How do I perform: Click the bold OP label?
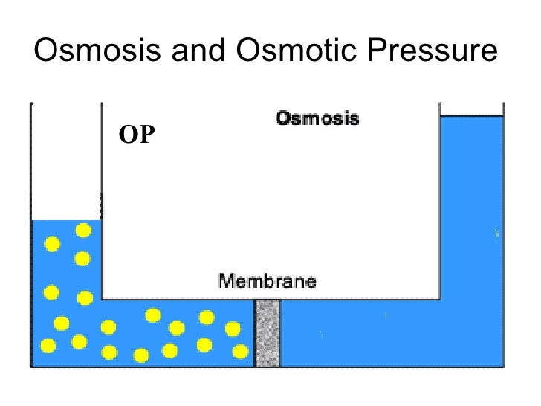[x=136, y=135]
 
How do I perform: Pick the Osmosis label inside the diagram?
[x=317, y=117]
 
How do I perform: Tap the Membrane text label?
[x=268, y=281]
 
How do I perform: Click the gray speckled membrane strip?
[x=267, y=333]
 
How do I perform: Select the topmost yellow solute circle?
[x=84, y=231]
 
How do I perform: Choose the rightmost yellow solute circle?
[x=240, y=351]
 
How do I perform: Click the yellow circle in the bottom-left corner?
[x=48, y=346]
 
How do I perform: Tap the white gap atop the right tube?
[x=472, y=109]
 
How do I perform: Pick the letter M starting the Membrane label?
[x=225, y=281]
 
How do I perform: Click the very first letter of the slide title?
[x=45, y=51]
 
